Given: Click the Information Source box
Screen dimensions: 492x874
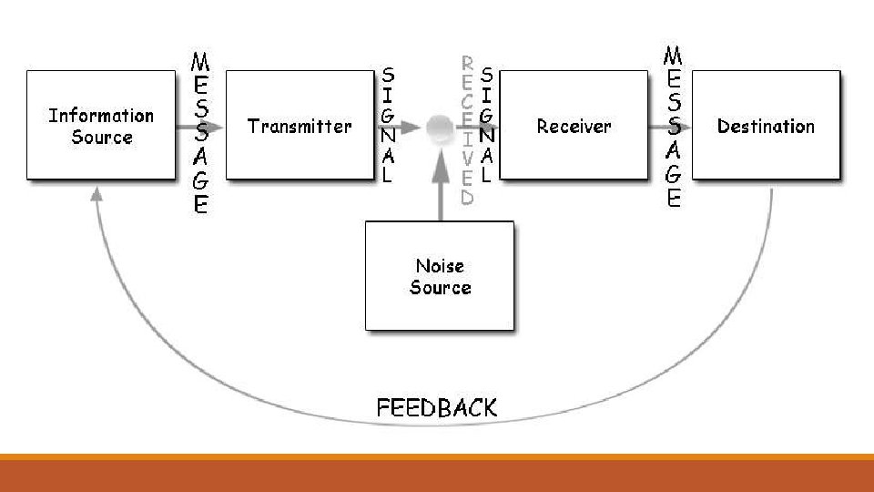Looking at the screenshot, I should point(101,126).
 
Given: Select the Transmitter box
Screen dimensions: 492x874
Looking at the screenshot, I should point(300,126).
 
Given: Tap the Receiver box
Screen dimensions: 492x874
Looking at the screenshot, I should point(574,126).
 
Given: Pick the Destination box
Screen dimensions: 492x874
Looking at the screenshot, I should point(766,126).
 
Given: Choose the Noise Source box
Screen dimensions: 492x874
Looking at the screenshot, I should point(440,276).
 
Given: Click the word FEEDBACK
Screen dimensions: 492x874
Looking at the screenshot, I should point(437,406).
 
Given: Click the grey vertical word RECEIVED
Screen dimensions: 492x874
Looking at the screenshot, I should point(467,129).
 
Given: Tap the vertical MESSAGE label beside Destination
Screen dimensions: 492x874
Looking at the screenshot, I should point(674,128).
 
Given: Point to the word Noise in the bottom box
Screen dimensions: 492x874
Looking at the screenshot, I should point(440,266).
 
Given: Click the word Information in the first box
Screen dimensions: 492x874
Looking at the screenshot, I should point(101,116).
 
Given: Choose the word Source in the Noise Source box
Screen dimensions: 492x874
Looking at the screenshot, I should point(440,288).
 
